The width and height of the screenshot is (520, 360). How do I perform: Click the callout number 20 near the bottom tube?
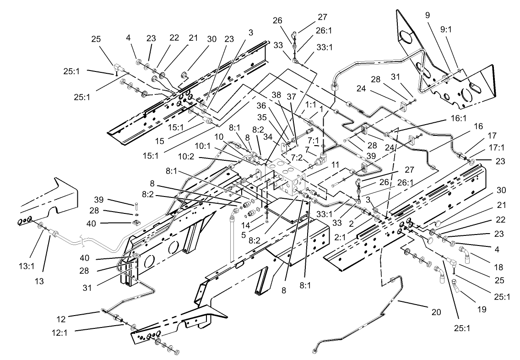coord(436,312)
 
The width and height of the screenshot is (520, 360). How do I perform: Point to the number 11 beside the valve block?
coord(322,164)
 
